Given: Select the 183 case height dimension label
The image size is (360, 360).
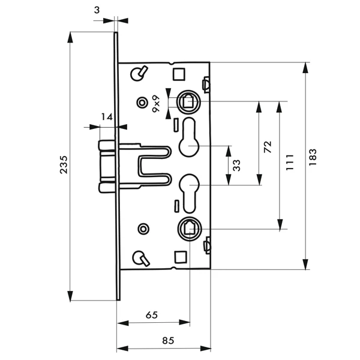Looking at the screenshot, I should click(313, 154).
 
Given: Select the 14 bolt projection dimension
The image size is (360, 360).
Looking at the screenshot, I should click(106, 118).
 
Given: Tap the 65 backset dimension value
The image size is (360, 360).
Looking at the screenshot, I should click(152, 314).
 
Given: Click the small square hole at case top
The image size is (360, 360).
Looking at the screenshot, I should click(178, 73).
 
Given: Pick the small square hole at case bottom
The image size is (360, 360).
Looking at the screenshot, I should click(178, 257).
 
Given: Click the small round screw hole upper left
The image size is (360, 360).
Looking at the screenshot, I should click(143, 103).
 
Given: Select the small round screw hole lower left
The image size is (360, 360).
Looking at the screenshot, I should click(143, 229).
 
